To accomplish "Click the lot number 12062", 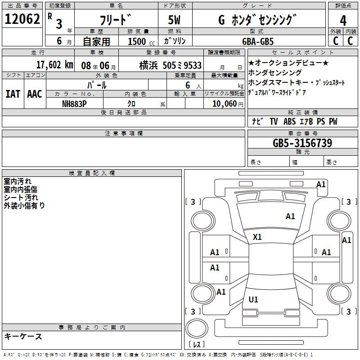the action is pos(22,19).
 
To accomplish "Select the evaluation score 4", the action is pos(343,21).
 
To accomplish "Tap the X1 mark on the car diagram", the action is pos(257,237).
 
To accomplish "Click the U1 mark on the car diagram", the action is pos(253,299).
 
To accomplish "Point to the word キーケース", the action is pos(23,336).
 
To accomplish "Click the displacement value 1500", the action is pos(137,41).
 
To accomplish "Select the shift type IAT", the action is pos(13,94).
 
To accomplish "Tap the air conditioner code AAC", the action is pos(34,94).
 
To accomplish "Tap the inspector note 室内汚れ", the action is pos(18,181).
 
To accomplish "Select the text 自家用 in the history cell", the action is pos(96,41).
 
